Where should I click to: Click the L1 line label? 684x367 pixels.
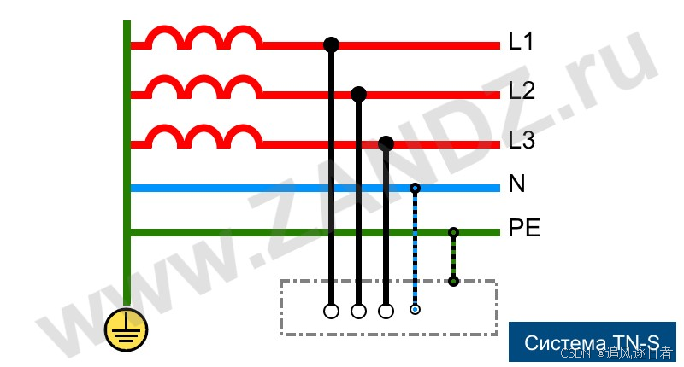point(520,41)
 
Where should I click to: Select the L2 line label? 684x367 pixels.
point(521,90)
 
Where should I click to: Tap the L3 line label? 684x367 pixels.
point(521,140)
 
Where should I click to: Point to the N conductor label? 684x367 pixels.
point(516,184)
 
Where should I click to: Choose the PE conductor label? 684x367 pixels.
point(524,229)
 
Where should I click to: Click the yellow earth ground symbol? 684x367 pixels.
point(126,329)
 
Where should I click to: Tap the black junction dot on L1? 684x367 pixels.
point(332,44)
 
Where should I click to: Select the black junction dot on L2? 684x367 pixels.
point(359,94)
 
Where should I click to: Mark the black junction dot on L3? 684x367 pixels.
point(386,143)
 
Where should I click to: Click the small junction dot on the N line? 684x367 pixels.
point(415,188)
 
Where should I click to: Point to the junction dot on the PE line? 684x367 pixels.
point(453,232)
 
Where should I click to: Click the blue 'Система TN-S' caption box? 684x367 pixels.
point(592,342)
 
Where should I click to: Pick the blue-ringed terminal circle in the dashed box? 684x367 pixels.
point(415,309)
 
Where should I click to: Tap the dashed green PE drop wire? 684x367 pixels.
point(453,257)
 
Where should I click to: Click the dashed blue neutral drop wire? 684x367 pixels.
point(415,248)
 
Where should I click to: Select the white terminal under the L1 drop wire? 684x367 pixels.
point(332,311)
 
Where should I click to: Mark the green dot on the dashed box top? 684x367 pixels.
point(453,281)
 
